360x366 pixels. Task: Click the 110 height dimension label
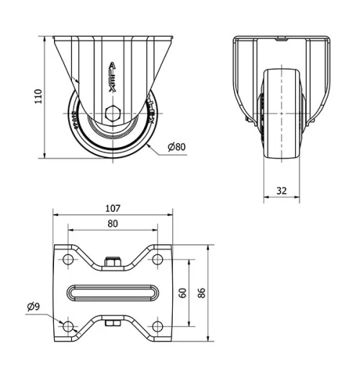pos(38,97)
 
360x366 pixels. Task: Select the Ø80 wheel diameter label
pos(176,148)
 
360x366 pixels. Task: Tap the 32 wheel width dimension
pos(281,192)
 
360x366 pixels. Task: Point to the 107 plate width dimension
pos(113,208)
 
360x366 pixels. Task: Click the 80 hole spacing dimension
pos(113,223)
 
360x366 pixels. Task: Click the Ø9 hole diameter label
pos(33,307)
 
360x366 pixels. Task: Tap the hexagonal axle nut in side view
pos(112,114)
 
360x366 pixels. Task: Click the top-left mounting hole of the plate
pos(68,258)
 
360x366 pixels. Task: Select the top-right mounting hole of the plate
pos(158,258)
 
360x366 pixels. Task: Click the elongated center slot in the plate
pos(113,293)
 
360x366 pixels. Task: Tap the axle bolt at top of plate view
pos(113,262)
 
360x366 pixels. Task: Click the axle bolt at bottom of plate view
pos(113,323)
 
